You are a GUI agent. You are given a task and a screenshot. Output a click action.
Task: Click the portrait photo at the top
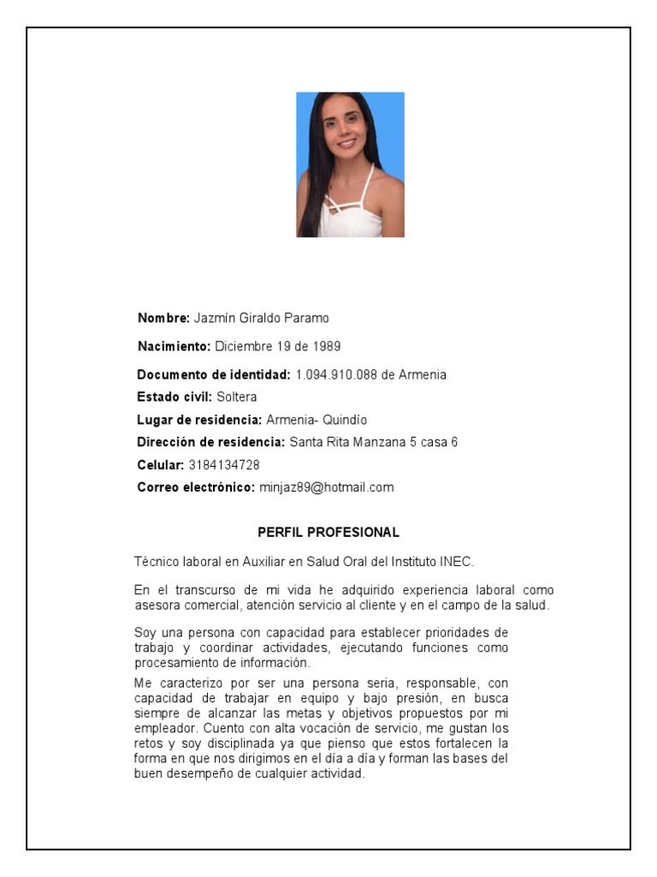point(350,164)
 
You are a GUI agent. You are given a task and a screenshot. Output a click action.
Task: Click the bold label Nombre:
point(163,319)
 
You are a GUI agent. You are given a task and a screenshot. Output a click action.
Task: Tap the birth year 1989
point(326,347)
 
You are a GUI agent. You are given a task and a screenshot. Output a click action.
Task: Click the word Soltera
point(237,397)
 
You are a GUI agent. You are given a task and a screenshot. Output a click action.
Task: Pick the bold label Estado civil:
point(175,397)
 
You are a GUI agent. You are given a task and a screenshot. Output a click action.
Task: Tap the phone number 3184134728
point(224,465)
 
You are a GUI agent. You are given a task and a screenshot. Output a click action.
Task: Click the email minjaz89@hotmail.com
point(326,487)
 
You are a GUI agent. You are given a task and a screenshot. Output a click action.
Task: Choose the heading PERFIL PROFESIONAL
point(328,532)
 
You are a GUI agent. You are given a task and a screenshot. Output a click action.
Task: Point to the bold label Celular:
point(161,465)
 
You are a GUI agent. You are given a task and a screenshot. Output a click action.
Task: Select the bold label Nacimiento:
point(174,347)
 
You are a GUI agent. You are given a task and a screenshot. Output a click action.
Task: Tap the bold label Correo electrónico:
point(196,487)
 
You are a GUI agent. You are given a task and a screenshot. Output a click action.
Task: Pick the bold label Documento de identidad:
point(214,375)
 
